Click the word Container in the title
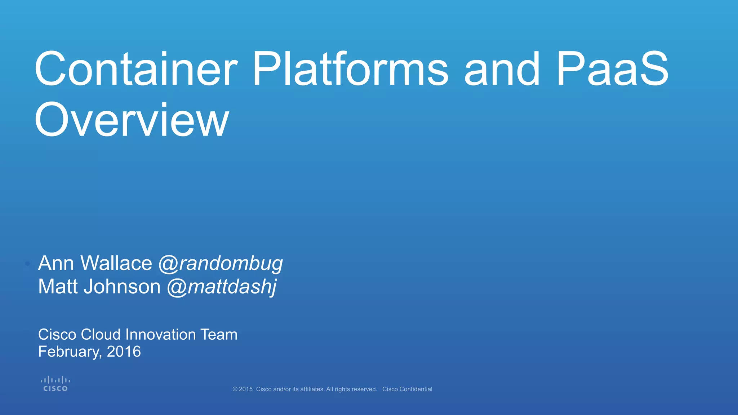(136, 69)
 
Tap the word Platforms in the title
(350, 69)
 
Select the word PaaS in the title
(612, 69)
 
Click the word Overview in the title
(132, 120)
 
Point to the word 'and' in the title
(502, 69)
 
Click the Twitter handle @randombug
(221, 264)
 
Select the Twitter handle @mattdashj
(222, 287)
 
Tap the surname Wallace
(116, 263)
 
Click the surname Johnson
(122, 287)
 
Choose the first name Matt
(58, 287)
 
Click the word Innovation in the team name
(160, 335)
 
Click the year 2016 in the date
(124, 352)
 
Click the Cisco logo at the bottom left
(55, 384)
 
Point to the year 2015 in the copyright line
(246, 389)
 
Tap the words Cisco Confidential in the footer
(407, 389)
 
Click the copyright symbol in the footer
(235, 389)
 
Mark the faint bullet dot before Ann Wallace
(27, 264)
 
